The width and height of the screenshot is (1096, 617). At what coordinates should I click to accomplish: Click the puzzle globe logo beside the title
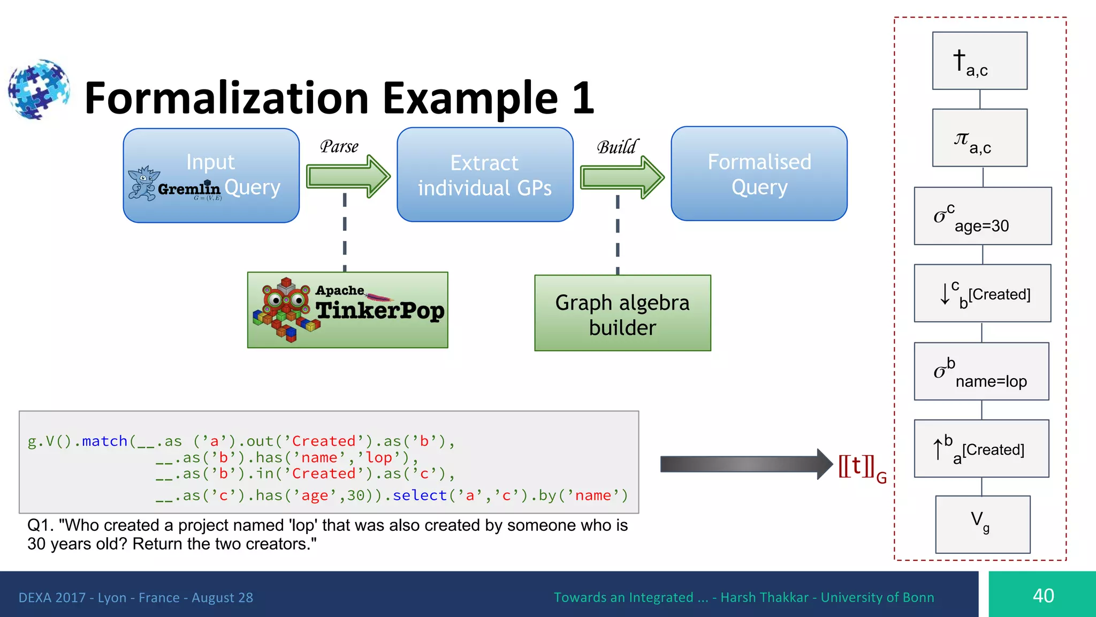tap(39, 89)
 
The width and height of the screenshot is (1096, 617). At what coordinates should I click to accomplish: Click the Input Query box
tap(211, 175)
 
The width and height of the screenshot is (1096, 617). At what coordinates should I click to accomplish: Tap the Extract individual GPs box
tap(485, 175)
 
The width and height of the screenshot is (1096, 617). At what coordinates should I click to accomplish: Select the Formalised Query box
tap(759, 174)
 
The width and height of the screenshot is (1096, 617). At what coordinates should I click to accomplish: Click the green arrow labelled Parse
tap(348, 176)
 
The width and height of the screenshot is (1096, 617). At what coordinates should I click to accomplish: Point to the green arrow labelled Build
tap(622, 177)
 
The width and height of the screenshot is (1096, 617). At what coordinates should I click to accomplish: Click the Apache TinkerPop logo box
tap(347, 310)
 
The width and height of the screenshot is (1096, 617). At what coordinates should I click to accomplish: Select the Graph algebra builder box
tap(622, 313)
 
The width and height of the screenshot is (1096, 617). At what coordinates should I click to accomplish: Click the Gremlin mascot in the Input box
tap(143, 183)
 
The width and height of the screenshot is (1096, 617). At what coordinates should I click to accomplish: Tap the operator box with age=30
tap(983, 216)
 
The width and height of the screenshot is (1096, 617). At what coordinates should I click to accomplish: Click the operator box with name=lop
tap(981, 371)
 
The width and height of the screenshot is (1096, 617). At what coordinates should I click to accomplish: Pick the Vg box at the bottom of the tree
tap(983, 524)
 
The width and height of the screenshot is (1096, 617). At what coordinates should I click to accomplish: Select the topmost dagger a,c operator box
tap(979, 61)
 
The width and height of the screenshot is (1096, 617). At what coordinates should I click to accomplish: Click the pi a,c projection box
tap(979, 138)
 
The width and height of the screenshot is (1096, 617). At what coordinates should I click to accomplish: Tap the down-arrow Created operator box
tap(982, 293)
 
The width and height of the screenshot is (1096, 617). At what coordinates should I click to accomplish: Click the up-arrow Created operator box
tap(981, 448)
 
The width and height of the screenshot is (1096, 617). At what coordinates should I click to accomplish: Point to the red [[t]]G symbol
tap(862, 467)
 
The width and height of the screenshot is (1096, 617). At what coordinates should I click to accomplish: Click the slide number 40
tap(1042, 595)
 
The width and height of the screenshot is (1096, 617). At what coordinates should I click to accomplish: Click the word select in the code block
tap(420, 495)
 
